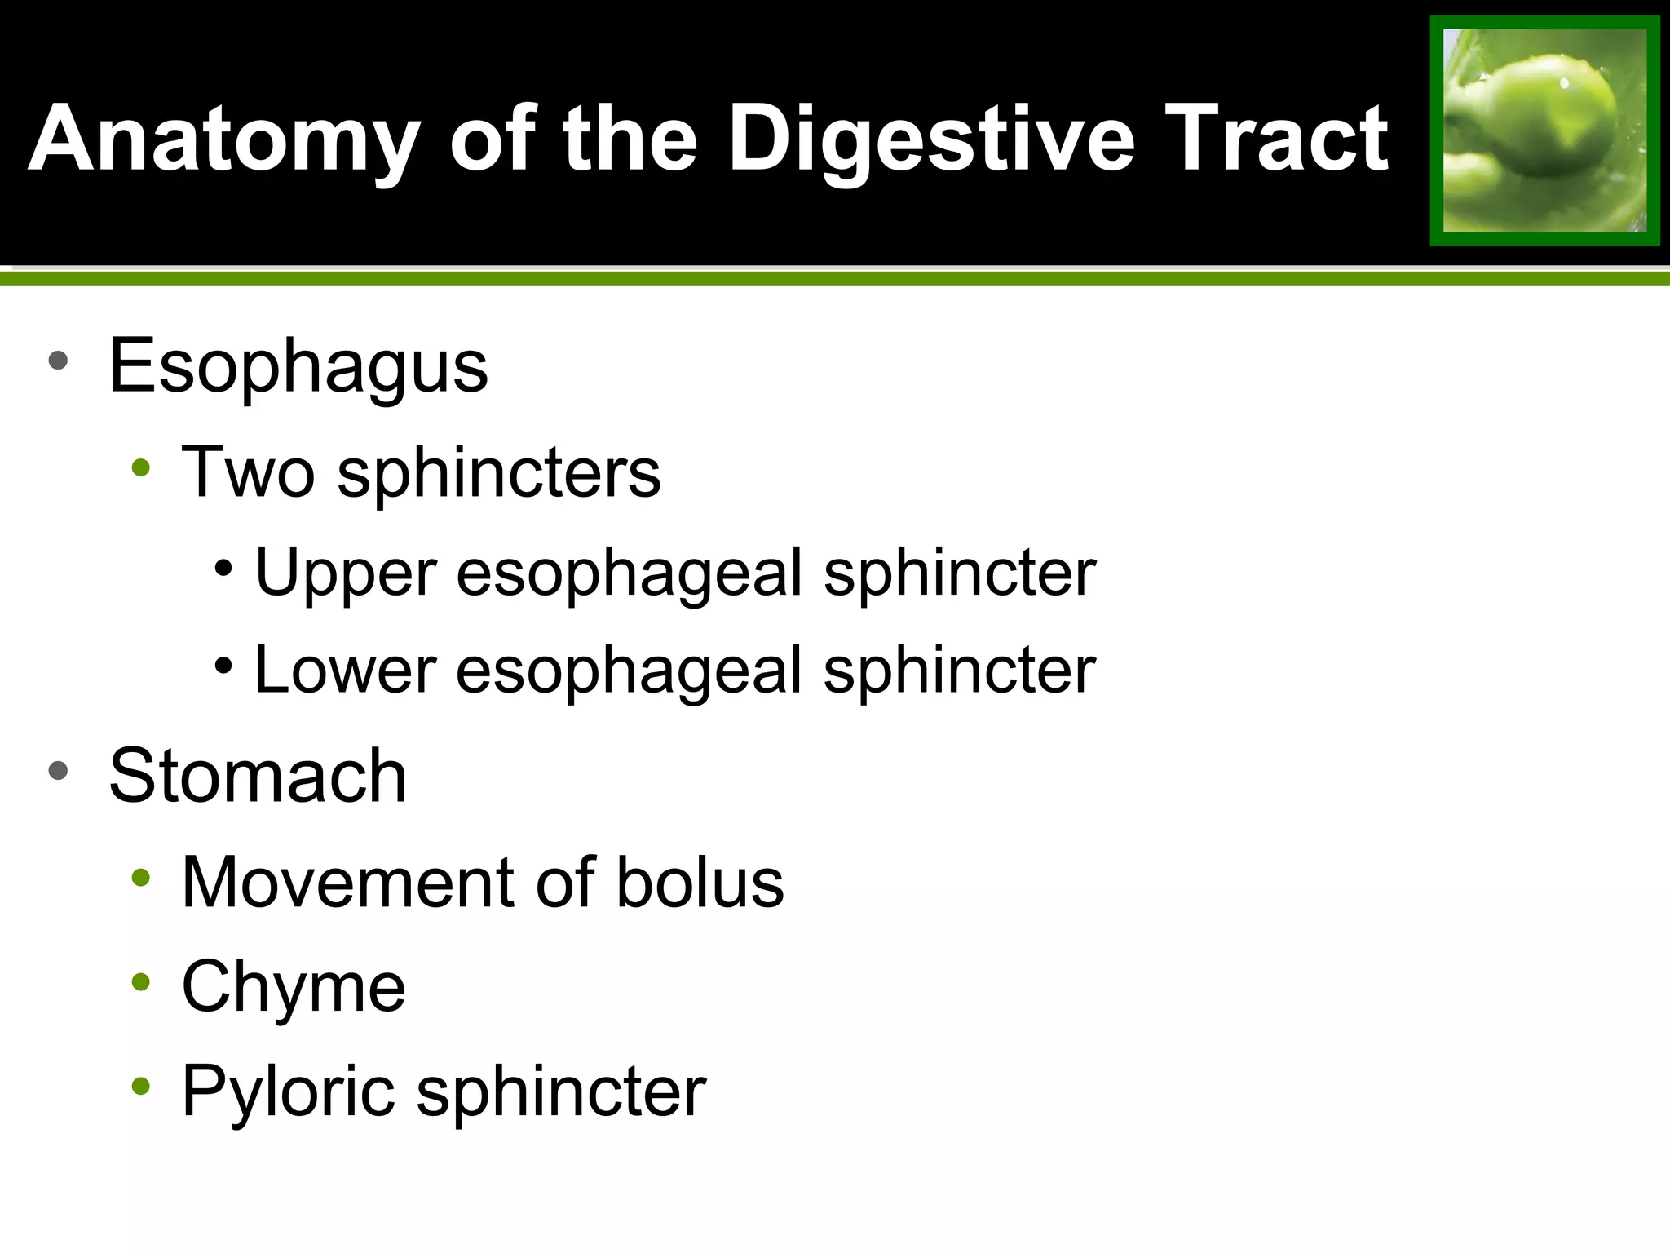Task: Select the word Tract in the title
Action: coord(1275,140)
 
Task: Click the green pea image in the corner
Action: coord(1544,131)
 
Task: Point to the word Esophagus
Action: coord(298,367)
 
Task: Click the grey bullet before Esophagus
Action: coord(58,361)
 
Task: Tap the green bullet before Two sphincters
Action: coord(141,468)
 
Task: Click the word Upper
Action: coord(346,574)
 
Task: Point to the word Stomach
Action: coord(258,777)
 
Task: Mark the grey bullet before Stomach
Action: coord(58,771)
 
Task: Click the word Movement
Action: coord(347,883)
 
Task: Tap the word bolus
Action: coord(700,883)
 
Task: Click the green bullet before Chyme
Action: coord(141,982)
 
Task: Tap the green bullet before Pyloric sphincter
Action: coord(141,1087)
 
